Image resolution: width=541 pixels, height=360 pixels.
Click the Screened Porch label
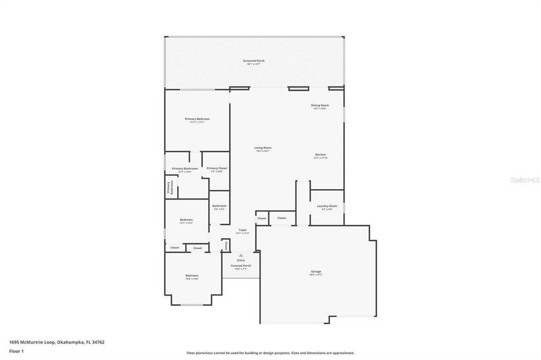[253, 61]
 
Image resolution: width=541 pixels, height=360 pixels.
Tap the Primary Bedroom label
[197, 119]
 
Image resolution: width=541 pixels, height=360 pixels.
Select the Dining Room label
[319, 105]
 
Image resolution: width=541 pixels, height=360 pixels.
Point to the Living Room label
[263, 148]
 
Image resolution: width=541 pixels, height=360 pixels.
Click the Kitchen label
[321, 155]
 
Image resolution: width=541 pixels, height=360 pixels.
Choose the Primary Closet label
[217, 169]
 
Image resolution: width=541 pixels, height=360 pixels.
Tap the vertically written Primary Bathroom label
[171, 188]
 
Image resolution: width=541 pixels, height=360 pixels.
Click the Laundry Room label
[329, 206]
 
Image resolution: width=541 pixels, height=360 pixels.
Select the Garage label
[316, 271]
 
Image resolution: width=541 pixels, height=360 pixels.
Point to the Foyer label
[243, 230]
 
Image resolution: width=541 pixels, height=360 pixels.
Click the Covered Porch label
[241, 265]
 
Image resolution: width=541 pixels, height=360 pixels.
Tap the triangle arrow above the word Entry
[241, 255]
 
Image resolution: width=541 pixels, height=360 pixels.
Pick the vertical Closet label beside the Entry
[226, 245]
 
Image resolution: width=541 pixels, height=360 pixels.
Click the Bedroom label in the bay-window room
[192, 275]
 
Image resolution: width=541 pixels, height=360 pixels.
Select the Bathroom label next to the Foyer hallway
[219, 206]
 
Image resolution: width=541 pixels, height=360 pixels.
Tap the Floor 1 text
[16, 351]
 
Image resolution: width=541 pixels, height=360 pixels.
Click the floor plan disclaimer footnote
[270, 353]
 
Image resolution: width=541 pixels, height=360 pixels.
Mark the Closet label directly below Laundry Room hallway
[282, 218]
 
